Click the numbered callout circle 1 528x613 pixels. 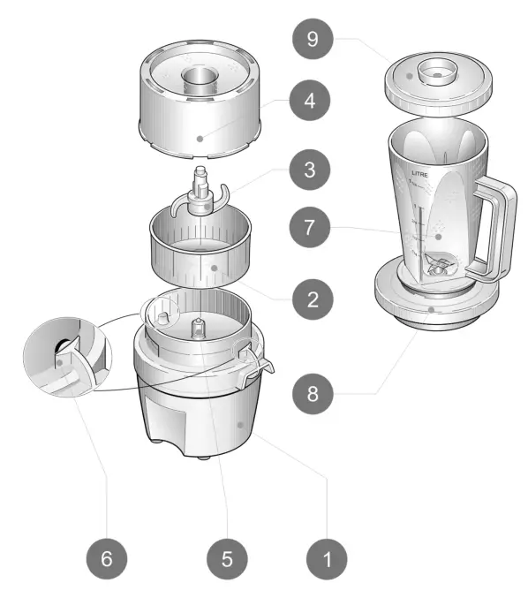(328, 557)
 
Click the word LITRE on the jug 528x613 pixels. (421, 175)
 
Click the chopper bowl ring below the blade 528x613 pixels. (205, 256)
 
